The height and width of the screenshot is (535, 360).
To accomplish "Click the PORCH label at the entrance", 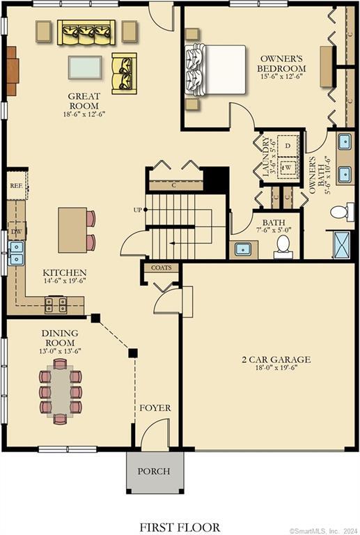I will point(154,471).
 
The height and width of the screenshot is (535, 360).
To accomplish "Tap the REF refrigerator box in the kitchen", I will point(15,186).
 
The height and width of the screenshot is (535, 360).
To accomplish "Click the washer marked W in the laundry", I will point(286,168).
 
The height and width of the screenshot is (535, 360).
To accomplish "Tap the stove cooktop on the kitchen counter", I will point(56,304).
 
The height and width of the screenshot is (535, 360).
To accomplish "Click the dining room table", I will point(61,391).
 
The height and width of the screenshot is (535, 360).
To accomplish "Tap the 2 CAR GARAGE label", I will point(276,360).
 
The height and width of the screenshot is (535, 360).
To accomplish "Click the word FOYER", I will point(155,408).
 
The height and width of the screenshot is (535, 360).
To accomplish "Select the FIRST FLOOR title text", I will point(180,527).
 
